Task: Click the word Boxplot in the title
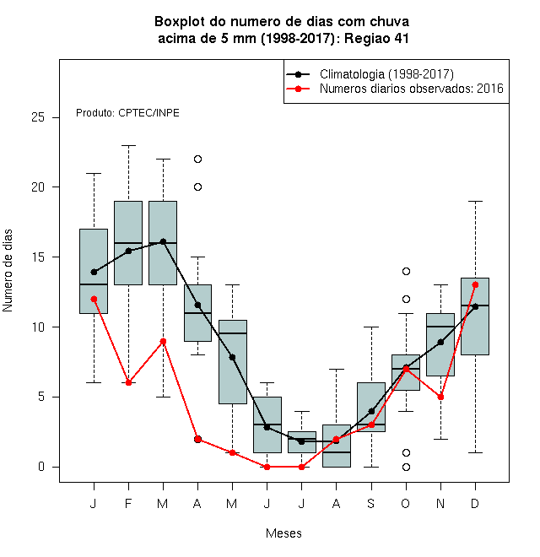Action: coord(180,22)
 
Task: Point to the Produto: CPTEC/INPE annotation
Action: coord(127,113)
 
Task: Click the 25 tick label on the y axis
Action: coord(38,117)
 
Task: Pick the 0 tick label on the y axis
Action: coord(41,467)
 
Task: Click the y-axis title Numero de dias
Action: coord(8,271)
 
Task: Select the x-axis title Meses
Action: coord(283,533)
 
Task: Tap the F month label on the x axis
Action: coord(128,503)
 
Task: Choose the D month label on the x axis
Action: coord(475,503)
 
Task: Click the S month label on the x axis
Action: coord(371,503)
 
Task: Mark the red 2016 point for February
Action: coord(128,382)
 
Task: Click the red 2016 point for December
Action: coord(475,285)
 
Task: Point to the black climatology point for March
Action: coord(163,241)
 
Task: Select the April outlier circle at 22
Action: coord(198,159)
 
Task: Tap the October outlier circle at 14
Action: coord(406,271)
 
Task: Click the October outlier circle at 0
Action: coord(406,468)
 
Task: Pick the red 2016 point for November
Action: coord(441,397)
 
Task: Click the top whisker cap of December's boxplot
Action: coord(475,201)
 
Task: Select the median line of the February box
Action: coord(128,243)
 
